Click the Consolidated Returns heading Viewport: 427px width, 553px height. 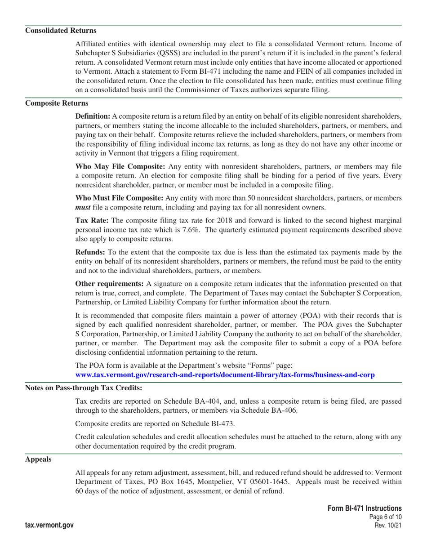pos(60,31)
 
